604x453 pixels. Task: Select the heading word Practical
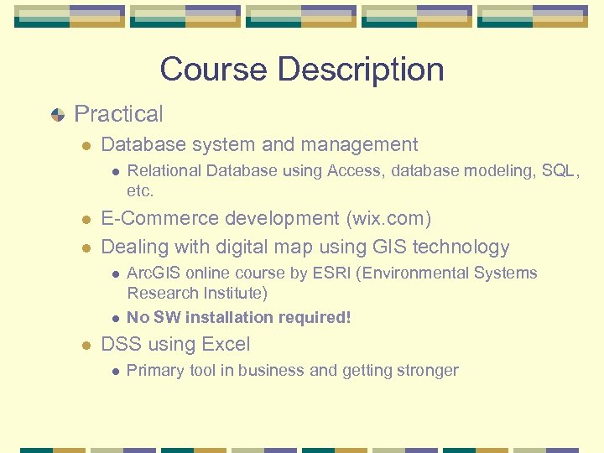[119, 114]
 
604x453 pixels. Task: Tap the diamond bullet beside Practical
[57, 115]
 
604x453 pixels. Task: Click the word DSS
[119, 344]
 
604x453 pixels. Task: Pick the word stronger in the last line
[427, 370]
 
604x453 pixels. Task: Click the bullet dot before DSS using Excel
[86, 345]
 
